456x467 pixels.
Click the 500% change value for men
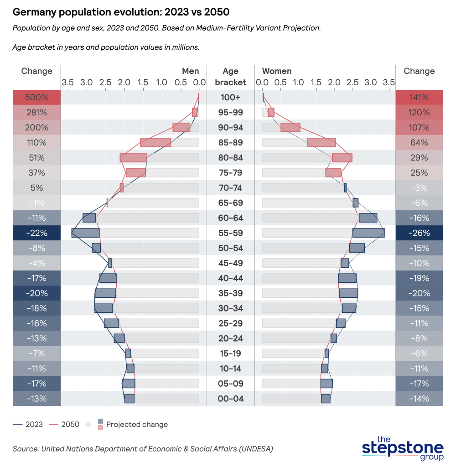point(37,97)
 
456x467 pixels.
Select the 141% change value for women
point(419,97)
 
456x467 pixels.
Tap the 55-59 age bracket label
point(230,233)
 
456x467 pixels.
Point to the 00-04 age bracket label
point(230,399)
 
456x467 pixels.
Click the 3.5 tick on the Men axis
point(67,83)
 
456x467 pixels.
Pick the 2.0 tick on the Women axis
point(334,83)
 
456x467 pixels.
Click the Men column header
point(190,71)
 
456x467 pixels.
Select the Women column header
point(277,71)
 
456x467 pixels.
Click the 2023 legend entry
point(28,425)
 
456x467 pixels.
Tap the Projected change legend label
point(137,425)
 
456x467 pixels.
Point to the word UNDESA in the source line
point(254,449)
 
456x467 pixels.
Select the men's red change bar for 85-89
point(155,143)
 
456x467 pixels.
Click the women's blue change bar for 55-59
point(368,233)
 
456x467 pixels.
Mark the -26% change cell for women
point(419,233)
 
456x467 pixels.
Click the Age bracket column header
point(230,77)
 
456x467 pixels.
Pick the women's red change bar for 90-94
point(290,128)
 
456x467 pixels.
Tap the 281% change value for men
point(37,113)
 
